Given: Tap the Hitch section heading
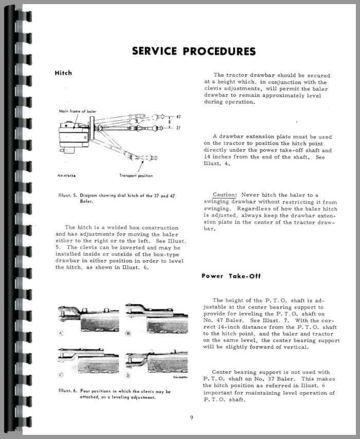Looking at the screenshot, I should click(63, 73).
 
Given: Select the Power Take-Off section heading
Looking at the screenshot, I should click(231, 276).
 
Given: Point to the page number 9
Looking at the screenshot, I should click(191, 417).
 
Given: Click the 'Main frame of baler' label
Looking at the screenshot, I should click(77, 112).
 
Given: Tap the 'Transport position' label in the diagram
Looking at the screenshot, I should click(136, 175).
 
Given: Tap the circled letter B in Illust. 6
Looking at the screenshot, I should click(128, 333).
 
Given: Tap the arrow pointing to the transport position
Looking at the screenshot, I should click(140, 166).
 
